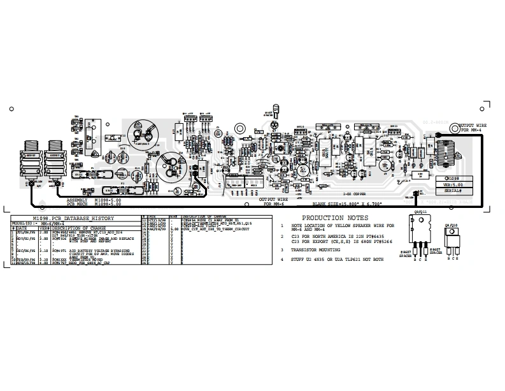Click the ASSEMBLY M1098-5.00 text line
tap(94, 200)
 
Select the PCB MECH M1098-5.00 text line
tap(94, 203)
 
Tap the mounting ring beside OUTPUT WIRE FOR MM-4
tap(453, 128)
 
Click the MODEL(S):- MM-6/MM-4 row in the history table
tap(38, 223)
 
